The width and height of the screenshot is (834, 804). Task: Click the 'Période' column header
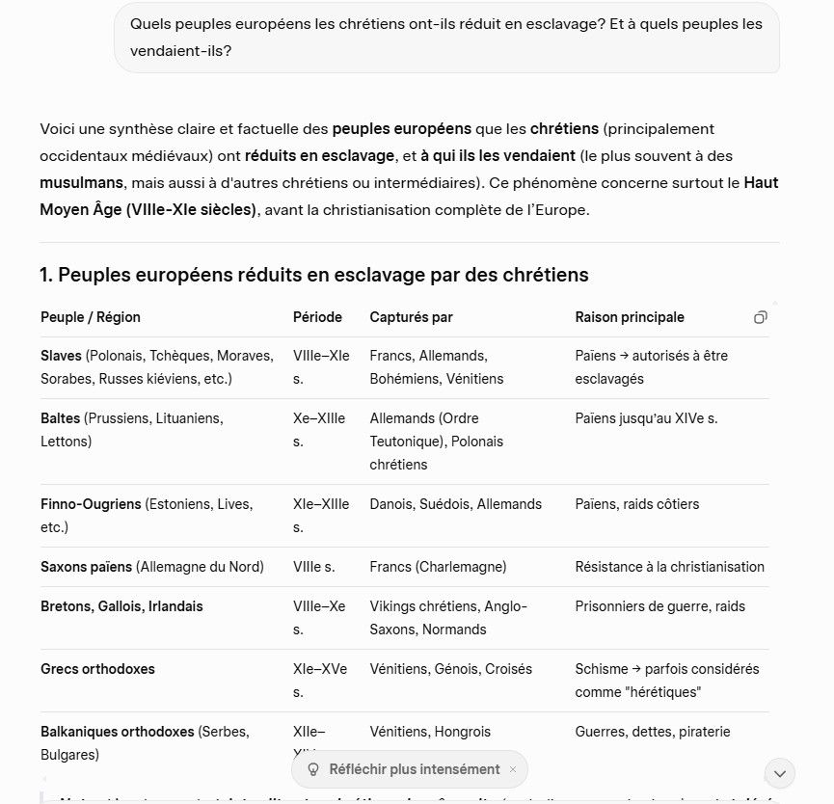[317, 317]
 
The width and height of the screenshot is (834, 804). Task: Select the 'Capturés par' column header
[411, 317]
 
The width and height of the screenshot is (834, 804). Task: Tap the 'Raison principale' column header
[629, 317]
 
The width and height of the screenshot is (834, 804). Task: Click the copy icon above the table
[761, 317]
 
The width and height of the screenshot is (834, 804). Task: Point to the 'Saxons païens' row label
[87, 567]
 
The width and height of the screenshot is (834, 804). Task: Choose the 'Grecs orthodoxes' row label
[97, 669]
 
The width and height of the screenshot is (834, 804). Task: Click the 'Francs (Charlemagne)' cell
[438, 567]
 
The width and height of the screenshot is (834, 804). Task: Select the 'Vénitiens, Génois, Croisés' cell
[450, 669]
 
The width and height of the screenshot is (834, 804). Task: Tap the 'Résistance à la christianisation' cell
[669, 567]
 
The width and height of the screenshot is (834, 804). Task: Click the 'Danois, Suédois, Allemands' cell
[455, 504]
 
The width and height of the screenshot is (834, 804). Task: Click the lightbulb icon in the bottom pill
[312, 769]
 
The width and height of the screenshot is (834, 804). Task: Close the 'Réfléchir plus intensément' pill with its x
[513, 769]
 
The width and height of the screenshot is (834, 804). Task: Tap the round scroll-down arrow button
[779, 773]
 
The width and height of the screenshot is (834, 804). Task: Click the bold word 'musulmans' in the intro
[81, 182]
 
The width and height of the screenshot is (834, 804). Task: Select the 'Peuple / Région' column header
[91, 317]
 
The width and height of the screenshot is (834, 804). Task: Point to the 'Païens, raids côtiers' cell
[636, 504]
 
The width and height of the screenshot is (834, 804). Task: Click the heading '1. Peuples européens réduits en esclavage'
[313, 275]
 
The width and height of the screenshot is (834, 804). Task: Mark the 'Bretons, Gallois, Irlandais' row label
[121, 606]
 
